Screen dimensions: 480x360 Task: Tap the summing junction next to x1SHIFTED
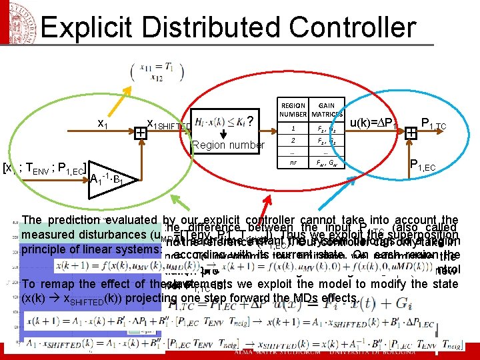(141, 133)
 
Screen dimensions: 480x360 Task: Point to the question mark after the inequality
(249, 121)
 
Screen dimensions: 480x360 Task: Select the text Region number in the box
(228, 145)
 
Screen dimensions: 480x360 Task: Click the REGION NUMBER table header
(293, 111)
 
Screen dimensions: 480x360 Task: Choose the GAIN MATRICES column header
(327, 111)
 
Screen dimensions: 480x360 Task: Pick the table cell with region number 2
(293, 141)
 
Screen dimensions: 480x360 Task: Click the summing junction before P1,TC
(411, 133)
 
